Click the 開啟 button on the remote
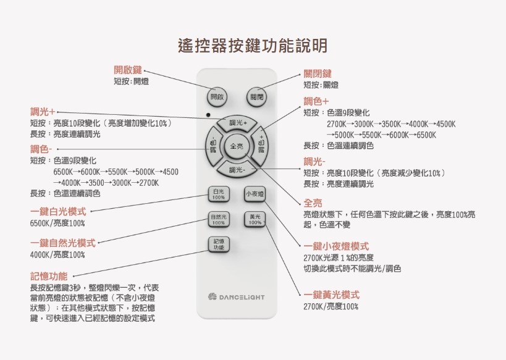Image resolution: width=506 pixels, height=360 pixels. coord(217,97)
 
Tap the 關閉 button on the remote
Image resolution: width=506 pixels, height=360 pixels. coord(257,97)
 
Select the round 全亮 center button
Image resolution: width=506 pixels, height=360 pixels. coord(237,146)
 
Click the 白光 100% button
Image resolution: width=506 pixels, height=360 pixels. coord(219,194)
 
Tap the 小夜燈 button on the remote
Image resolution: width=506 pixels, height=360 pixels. coord(255,194)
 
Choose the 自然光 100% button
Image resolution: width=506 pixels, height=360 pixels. coord(219,219)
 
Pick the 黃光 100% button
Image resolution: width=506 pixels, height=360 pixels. coord(255,219)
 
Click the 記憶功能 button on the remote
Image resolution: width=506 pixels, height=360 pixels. coord(219,245)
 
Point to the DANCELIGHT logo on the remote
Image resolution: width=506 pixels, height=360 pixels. coord(237,297)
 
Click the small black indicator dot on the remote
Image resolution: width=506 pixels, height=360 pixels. coord(208,115)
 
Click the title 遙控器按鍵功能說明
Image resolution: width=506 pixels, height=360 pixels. coord(253,46)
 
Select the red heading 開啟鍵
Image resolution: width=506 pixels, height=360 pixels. coord(128,70)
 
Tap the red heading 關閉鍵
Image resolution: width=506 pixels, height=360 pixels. coord(318,73)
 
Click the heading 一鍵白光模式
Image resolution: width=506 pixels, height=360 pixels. coord(59,212)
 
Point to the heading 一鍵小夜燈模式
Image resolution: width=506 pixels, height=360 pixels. coord(336,246)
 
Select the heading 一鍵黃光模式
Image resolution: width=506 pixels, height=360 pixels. coord(332,295)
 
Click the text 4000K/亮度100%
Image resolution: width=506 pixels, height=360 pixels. coord(57,255)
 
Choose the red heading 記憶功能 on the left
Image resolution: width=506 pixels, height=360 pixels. coord(49,276)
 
